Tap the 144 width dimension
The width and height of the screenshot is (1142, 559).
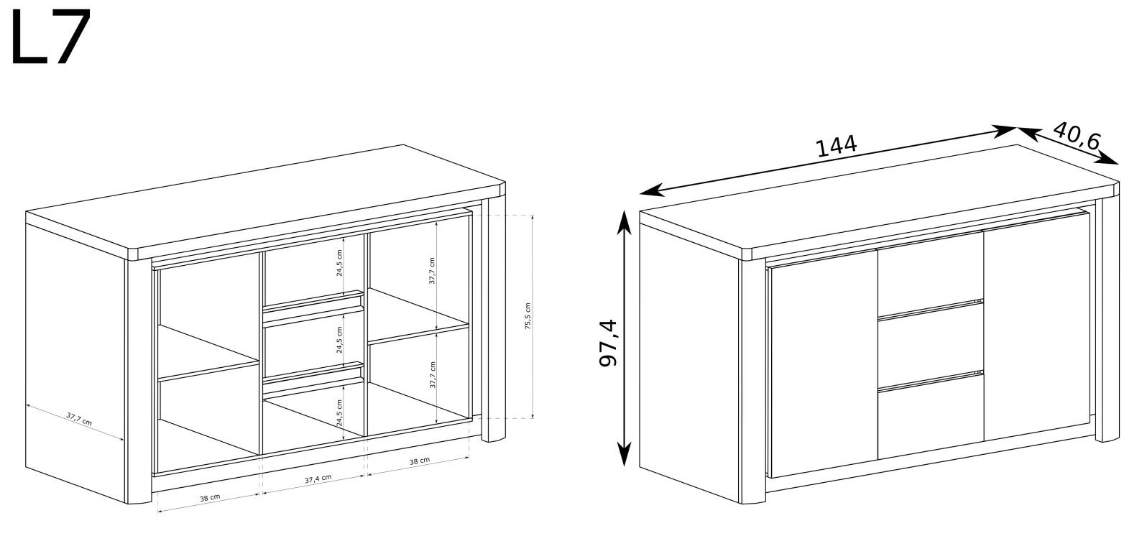click(x=837, y=147)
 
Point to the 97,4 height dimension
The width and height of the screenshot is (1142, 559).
click(x=608, y=343)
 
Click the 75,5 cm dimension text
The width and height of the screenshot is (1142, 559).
click(x=528, y=316)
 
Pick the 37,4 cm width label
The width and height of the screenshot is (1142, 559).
click(x=318, y=479)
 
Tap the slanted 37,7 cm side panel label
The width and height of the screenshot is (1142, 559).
click(x=79, y=419)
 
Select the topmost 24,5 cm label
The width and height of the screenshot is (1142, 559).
click(x=339, y=263)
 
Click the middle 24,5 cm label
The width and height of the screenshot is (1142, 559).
click(x=339, y=340)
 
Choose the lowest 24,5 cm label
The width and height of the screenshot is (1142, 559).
click(x=339, y=412)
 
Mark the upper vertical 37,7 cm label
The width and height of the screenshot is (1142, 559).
click(x=432, y=271)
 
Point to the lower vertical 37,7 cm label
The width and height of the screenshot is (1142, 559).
click(x=433, y=375)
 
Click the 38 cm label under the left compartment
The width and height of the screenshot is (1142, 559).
click(x=210, y=498)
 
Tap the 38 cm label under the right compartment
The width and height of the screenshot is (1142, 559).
click(x=420, y=461)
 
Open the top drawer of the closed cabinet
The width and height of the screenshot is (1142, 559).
click(x=931, y=273)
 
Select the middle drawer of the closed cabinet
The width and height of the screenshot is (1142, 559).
click(x=931, y=346)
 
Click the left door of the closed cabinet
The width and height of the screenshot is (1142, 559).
click(x=824, y=364)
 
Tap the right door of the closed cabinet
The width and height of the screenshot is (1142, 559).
click(x=1036, y=326)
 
